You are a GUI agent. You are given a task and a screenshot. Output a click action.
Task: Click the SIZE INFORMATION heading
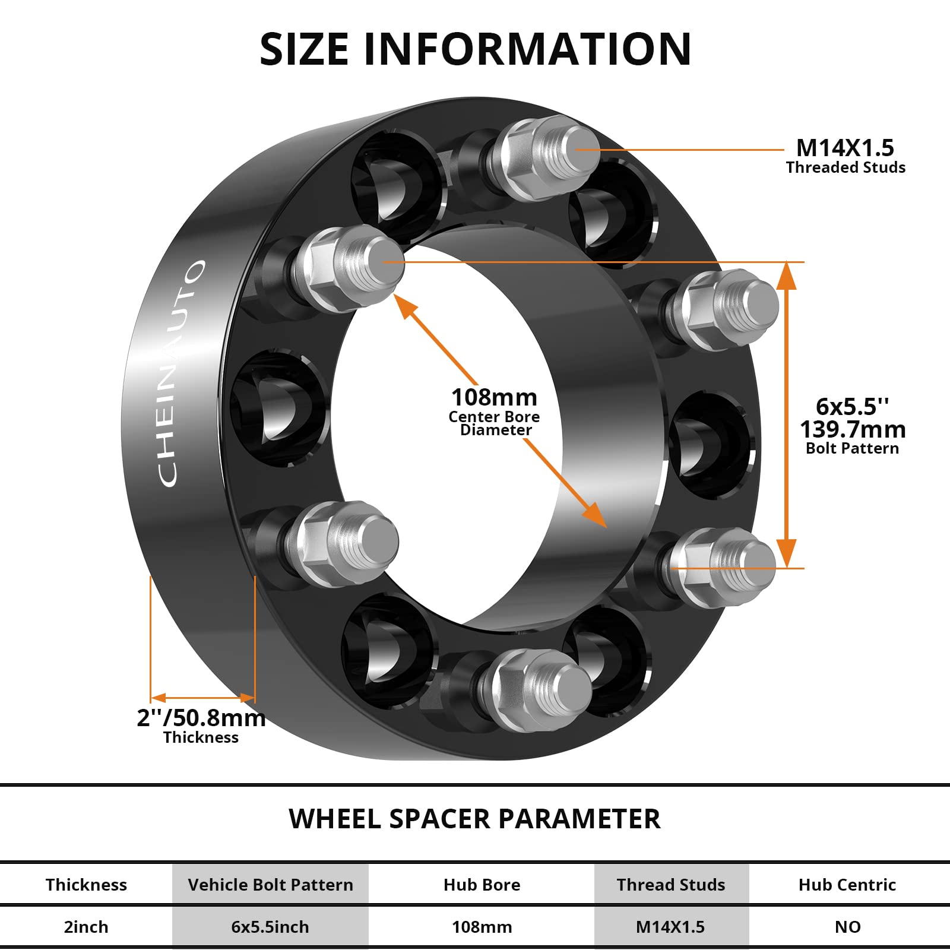coord(475,49)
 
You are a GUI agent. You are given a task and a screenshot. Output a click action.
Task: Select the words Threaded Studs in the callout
coord(845,168)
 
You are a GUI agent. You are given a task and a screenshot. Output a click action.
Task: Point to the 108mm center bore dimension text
coord(494,397)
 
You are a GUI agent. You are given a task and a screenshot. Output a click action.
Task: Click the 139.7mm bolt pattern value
coord(853,429)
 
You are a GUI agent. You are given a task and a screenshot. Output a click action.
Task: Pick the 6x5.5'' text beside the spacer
coord(853,407)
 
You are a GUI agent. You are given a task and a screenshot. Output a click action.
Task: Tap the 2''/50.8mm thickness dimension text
coord(201,718)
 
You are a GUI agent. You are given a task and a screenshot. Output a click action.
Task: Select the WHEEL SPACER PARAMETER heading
coord(474,819)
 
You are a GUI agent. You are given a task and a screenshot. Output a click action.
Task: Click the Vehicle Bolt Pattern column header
coord(270,885)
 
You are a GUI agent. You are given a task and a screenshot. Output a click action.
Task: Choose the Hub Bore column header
coord(482,885)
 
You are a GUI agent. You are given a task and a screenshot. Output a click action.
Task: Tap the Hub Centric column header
coord(847,885)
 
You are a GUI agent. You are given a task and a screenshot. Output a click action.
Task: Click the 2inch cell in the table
coord(86,927)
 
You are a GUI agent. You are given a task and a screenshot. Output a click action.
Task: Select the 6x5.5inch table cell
coord(270,927)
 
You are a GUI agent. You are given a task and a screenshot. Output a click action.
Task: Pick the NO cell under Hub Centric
coord(847,927)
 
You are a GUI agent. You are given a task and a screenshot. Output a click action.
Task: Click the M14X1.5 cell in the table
coord(670,927)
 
